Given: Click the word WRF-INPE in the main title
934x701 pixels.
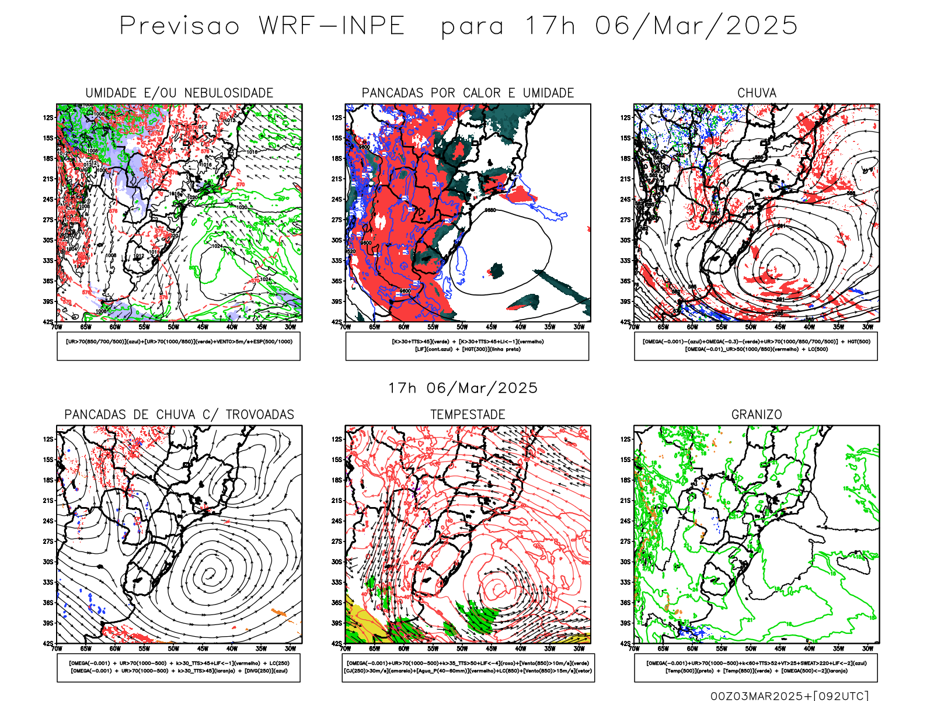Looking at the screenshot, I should pyautogui.click(x=332, y=26).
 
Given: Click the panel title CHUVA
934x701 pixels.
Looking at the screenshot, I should pyautogui.click(x=757, y=93).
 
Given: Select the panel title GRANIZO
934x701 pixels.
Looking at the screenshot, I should pyautogui.click(x=757, y=415).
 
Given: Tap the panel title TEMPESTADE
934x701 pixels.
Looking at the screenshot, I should pyautogui.click(x=468, y=415).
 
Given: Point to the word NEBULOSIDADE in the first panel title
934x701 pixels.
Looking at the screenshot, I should pyautogui.click(x=229, y=93).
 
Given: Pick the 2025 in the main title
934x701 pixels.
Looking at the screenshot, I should pyautogui.click(x=762, y=26).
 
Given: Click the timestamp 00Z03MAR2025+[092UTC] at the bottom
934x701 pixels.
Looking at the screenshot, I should pyautogui.click(x=789, y=696).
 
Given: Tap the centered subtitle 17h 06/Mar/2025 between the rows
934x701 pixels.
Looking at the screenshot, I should pyautogui.click(x=463, y=388).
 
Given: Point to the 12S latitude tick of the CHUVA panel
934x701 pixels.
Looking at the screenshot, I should pyautogui.click(x=626, y=117).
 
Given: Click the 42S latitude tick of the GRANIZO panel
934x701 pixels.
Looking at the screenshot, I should pyautogui.click(x=626, y=644).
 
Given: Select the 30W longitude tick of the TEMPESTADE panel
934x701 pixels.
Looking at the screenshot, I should pyautogui.click(x=578, y=648).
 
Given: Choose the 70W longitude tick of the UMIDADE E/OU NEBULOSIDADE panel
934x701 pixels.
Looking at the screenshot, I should pyautogui.click(x=57, y=327).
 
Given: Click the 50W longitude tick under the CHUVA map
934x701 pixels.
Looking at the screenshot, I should pyautogui.click(x=751, y=327).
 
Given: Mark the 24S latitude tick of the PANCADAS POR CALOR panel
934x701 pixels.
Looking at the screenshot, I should pyautogui.click(x=337, y=199).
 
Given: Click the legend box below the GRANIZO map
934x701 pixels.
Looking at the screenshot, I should pyautogui.click(x=756, y=667).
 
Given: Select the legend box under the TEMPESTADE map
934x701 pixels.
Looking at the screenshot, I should pyautogui.click(x=468, y=667).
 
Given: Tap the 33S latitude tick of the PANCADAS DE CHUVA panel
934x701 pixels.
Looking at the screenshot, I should pyautogui.click(x=48, y=582).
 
